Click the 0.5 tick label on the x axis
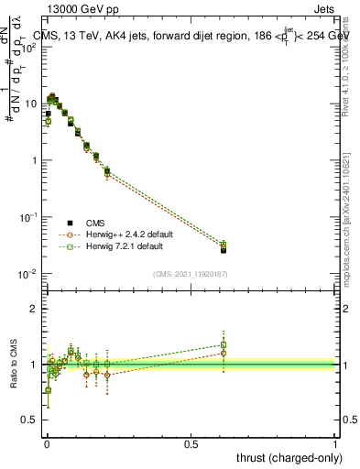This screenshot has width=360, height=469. tap(191, 443)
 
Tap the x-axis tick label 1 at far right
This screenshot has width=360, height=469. tap(335, 443)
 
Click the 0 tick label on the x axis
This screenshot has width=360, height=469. tap(47, 443)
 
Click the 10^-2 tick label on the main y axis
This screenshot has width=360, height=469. tap(27, 274)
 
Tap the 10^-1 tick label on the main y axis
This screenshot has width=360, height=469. tap(27, 217)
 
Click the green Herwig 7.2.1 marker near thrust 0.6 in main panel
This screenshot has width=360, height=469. tap(223, 245)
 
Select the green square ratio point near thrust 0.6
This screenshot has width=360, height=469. tap(223, 344)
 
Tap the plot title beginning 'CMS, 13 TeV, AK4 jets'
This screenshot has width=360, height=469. tap(183, 36)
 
